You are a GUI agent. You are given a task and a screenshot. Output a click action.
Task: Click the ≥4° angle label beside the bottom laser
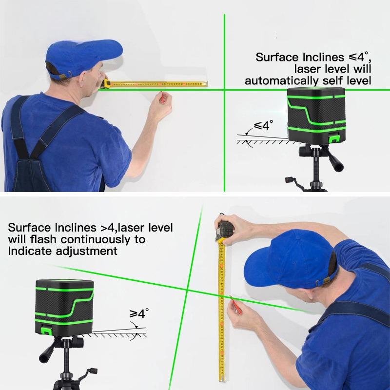pyautogui.click(x=138, y=313)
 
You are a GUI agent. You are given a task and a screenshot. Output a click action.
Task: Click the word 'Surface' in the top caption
pyautogui.click(x=275, y=57)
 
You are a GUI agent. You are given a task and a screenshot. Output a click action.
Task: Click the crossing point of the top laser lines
pyautogui.click(x=224, y=89)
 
